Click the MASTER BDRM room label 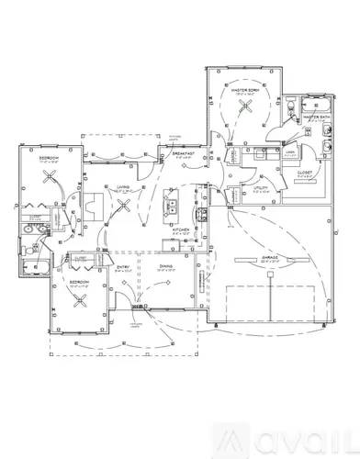click(243, 88)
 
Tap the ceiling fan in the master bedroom click(244, 106)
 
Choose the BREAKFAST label click(180, 153)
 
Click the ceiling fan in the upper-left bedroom click(49, 180)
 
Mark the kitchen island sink click(171, 207)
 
